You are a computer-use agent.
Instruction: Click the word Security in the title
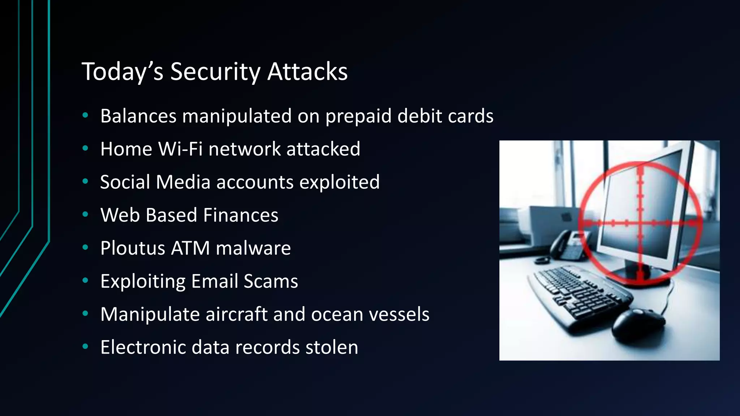pos(215,72)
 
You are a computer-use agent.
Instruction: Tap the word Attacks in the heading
pos(307,71)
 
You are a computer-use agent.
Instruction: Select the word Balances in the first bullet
pos(138,116)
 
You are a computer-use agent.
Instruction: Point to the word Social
pos(125,182)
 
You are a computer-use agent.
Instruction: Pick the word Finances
pos(241,215)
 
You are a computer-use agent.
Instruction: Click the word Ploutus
pos(133,248)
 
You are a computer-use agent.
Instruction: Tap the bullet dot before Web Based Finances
pos(85,214)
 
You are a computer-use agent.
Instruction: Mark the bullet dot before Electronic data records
pos(85,347)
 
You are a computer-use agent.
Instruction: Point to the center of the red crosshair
pos(640,223)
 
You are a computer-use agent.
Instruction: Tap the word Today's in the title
pos(123,72)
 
